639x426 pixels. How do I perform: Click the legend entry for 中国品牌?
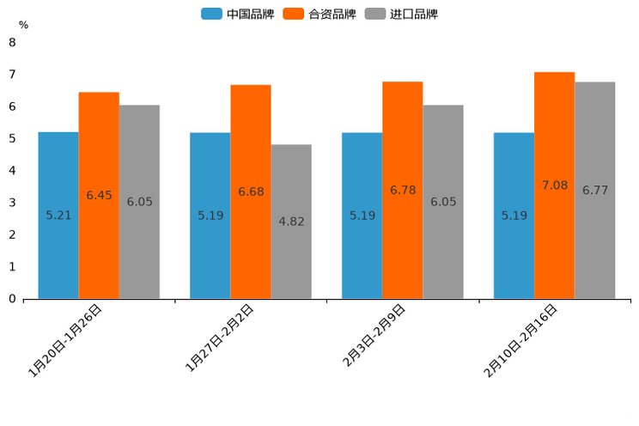[x=238, y=14]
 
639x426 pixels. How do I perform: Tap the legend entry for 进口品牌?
[x=401, y=14]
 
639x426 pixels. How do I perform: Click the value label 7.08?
[x=555, y=186]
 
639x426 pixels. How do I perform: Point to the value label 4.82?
[x=291, y=222]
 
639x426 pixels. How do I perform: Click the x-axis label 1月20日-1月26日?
[x=67, y=341]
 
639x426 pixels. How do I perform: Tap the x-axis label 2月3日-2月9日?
[x=375, y=336]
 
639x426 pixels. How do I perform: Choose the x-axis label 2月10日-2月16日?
[x=522, y=341]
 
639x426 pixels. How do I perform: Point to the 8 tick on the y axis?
[x=12, y=42]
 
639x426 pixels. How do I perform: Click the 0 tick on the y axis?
[x=12, y=299]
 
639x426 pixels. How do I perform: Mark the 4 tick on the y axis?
[x=12, y=171]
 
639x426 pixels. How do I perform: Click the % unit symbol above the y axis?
[x=23, y=25]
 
